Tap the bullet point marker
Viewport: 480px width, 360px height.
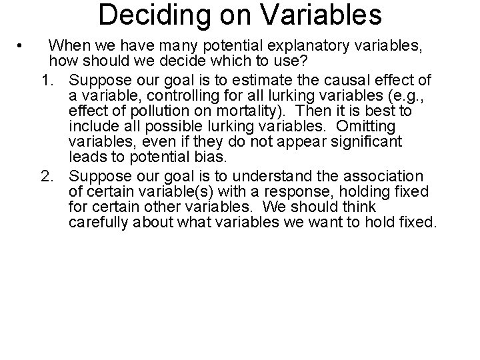(22, 46)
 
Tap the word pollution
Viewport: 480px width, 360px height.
(145, 112)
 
